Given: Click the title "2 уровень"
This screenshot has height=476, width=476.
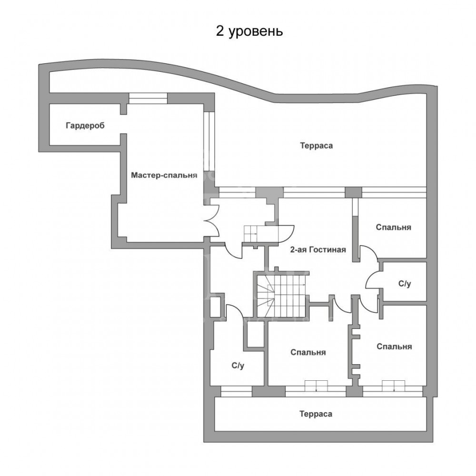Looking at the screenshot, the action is pos(249,31).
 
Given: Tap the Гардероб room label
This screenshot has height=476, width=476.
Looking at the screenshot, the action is pos(85,126).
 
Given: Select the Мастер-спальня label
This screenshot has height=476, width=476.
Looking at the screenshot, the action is pos(164,176).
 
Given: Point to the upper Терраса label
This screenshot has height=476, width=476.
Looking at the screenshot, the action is pos(317,146).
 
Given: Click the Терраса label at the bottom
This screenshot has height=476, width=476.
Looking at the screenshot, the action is pos(316,414).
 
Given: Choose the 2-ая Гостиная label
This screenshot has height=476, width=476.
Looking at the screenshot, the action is pos(318,249).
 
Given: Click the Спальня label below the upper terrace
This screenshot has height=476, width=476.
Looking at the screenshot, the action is pos(394,228).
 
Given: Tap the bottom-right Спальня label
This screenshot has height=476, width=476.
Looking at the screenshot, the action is pos(394,347).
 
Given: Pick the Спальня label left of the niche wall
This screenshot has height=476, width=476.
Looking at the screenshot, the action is pos(308,352).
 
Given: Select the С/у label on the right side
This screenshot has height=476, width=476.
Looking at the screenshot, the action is pos(405,284).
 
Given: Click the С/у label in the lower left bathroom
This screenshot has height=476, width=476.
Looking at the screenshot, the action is pos(238,366).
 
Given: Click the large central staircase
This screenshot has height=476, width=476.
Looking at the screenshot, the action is pos(281,295).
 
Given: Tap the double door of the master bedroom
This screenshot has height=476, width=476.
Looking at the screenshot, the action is pos(212,220).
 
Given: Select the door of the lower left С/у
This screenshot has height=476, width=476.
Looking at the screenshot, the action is pos(234,312).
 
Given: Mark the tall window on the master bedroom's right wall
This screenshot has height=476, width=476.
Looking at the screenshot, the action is pos(209,141).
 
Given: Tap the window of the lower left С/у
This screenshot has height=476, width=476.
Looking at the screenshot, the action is pos(236,391).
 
